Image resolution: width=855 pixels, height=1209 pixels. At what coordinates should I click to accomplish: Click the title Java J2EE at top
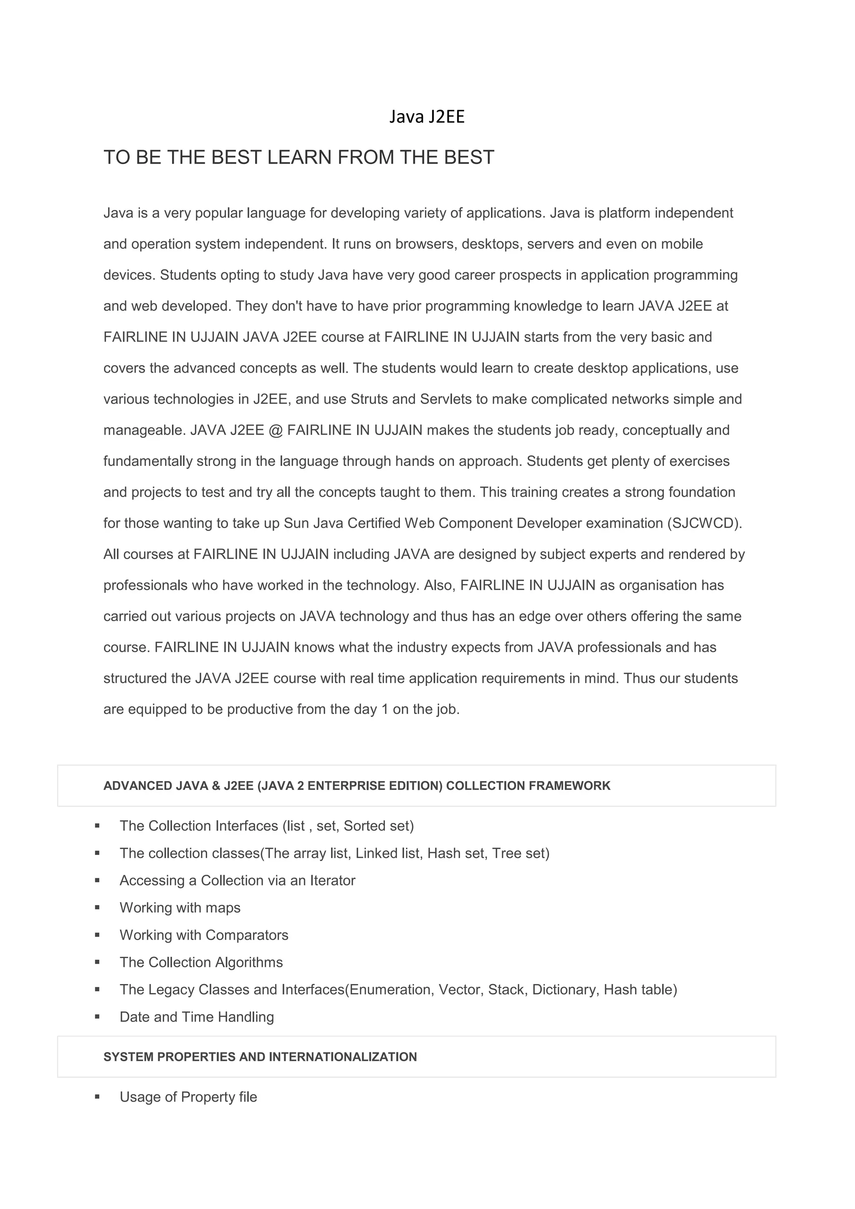(x=427, y=117)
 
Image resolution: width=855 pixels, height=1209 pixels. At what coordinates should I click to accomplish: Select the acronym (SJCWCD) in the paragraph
(x=704, y=524)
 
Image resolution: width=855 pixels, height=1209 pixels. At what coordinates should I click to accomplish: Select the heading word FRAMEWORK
(x=569, y=786)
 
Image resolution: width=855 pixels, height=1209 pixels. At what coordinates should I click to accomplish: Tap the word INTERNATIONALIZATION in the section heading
(x=343, y=1057)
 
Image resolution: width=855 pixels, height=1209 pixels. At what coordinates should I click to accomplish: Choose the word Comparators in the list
(x=247, y=935)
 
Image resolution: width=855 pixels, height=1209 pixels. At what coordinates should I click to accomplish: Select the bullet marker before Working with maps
(x=97, y=908)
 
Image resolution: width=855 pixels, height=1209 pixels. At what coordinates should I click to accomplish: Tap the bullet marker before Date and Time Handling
(x=97, y=1017)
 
